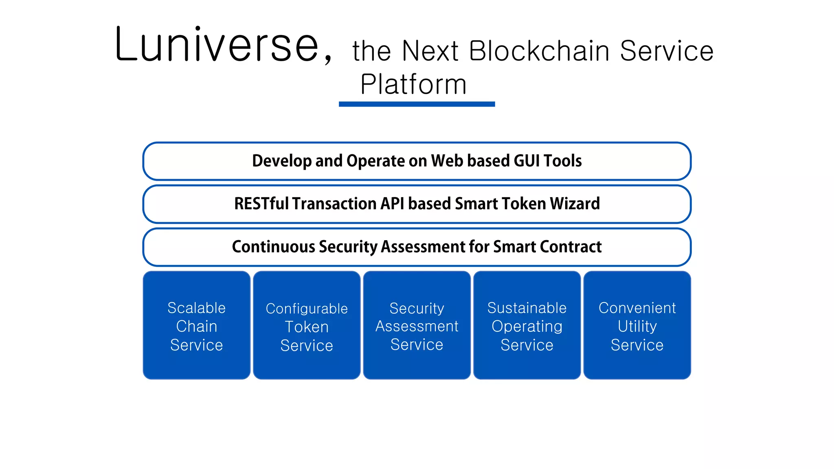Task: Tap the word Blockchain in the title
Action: coord(539,51)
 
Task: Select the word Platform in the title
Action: coord(413,85)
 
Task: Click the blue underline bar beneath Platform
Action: coord(417,104)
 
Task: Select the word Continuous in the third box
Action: coord(273,247)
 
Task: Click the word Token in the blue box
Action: coord(307,327)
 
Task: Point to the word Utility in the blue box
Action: coord(637,326)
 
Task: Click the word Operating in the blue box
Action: coord(527,326)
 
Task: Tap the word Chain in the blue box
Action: coord(197,326)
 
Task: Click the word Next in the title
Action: coord(430,51)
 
